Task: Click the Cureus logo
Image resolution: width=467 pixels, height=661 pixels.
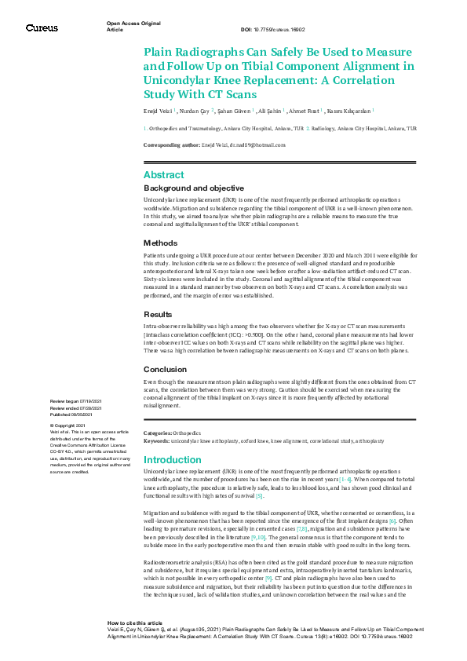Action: (x=42, y=27)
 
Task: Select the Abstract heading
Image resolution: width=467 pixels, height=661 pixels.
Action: (x=164, y=175)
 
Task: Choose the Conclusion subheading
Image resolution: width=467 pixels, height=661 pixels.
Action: (x=166, y=369)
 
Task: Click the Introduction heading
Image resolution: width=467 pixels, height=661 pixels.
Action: (x=173, y=459)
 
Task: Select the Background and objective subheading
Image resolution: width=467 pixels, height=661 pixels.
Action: (x=194, y=188)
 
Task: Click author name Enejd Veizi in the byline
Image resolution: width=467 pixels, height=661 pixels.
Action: (x=159, y=112)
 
